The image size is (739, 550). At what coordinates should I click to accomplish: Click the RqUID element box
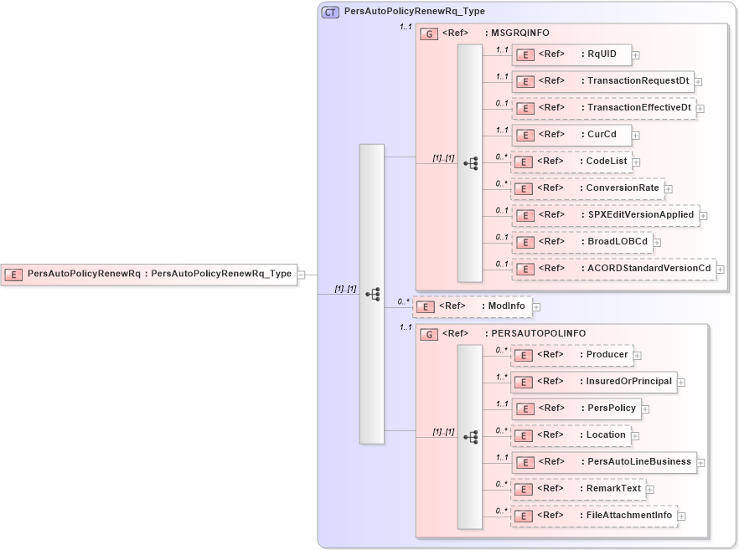pos(571,54)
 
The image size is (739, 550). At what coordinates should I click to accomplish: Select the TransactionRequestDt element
pos(602,81)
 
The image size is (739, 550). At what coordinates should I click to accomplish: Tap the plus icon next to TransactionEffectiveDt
pos(700,109)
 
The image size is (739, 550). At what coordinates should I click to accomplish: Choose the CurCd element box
pos(571,135)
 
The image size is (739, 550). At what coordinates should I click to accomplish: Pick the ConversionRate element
pos(587,188)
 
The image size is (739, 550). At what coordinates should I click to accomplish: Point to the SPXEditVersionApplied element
pos(604,215)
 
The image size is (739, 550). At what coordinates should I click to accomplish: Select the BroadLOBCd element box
pos(581,242)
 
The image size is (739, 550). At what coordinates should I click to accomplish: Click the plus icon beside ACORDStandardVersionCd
pos(721,270)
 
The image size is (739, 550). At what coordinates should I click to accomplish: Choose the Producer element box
pos(571,355)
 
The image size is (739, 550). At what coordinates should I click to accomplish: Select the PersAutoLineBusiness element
pos(602,461)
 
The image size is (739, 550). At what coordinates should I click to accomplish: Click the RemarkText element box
pos(577,489)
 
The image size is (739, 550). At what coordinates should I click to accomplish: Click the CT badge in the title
pos(331,12)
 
